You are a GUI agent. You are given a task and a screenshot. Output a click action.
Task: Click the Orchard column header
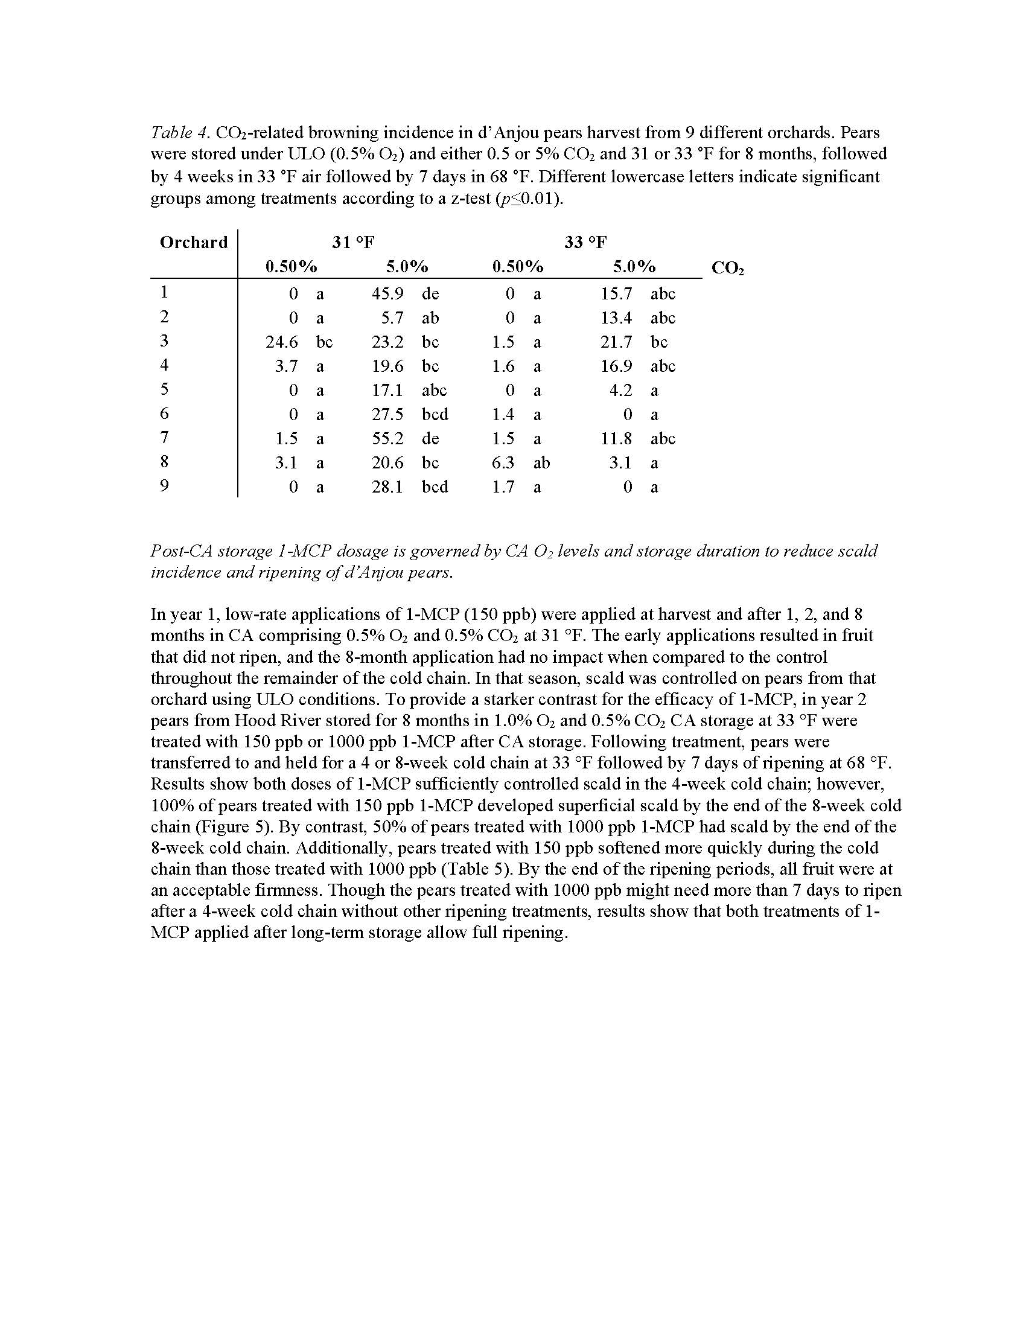193,243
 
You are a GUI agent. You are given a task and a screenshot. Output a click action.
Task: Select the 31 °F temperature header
352,243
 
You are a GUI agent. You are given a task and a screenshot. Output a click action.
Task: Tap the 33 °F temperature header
585,243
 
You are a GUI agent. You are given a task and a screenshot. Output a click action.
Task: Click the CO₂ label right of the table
727,268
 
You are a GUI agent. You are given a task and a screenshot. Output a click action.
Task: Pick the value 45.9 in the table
387,295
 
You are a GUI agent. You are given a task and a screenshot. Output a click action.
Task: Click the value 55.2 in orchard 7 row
387,439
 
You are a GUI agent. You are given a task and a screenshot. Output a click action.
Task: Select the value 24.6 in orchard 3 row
281,342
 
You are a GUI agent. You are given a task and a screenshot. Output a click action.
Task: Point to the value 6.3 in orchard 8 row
503,464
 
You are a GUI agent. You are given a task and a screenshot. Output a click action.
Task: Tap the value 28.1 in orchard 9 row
387,487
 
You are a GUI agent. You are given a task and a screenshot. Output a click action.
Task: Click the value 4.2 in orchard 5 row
620,391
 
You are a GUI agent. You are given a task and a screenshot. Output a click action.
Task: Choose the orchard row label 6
164,413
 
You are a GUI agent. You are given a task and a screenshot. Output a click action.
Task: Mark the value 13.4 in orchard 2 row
616,318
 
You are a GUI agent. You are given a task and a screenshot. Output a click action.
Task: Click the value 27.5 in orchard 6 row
387,415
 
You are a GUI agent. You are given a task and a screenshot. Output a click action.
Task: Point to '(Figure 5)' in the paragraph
208,827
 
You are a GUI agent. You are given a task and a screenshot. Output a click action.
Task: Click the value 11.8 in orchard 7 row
616,439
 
